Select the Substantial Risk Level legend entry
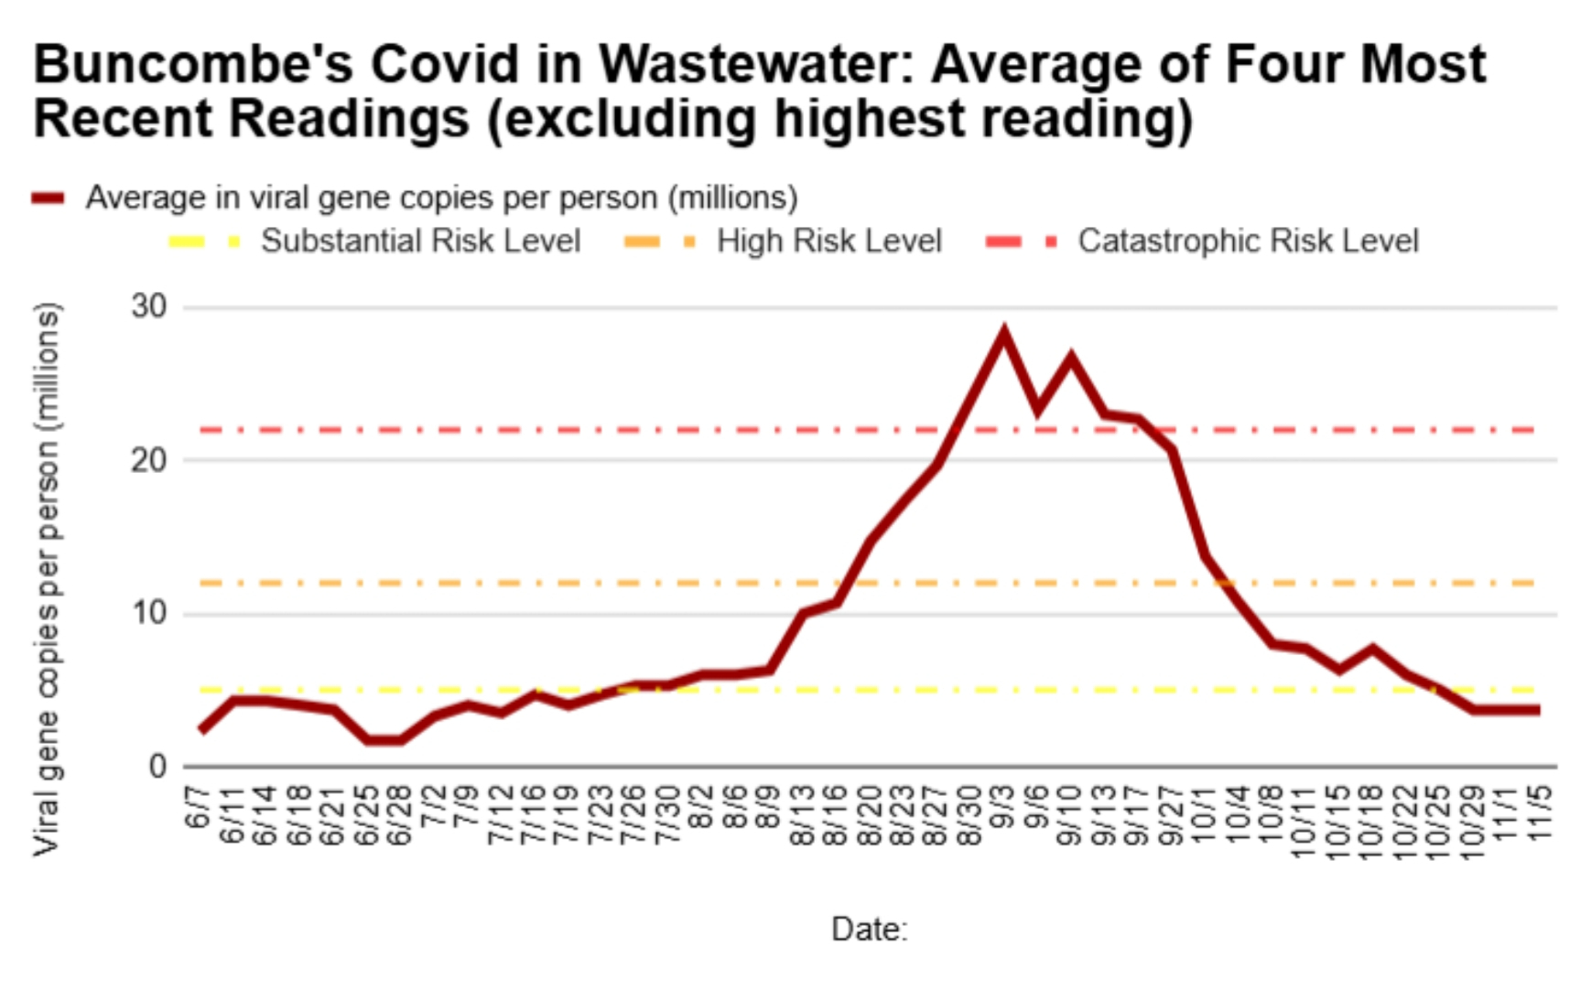click(x=420, y=241)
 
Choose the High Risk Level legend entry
click(x=828, y=241)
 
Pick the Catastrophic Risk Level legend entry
click(x=1248, y=241)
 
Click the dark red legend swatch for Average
click(x=48, y=198)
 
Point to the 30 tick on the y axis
click(x=149, y=306)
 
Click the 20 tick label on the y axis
click(x=149, y=460)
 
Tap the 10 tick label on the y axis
click(x=149, y=613)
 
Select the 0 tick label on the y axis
click(x=157, y=766)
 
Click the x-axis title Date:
click(x=869, y=929)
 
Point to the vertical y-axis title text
click(x=47, y=578)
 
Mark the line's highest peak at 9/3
click(x=1004, y=335)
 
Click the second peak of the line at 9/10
click(x=1070, y=359)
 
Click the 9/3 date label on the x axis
click(x=1003, y=807)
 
